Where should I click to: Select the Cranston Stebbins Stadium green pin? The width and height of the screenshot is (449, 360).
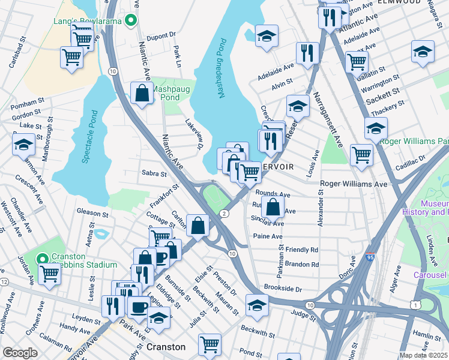pos(41,259)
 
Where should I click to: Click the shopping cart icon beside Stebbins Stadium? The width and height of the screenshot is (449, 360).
pos(49,273)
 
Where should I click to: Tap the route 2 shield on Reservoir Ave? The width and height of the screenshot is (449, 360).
pos(223,214)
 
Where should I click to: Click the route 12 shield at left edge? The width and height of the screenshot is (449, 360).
pos(4,281)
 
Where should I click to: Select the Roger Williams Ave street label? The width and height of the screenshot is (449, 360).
pos(354,184)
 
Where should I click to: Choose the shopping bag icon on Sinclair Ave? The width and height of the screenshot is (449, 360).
pos(273,206)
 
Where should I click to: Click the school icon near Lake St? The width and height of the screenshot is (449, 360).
pos(23,144)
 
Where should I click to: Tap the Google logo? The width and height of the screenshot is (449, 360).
pos(20,352)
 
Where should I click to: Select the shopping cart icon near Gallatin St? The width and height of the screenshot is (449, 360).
pos(357,60)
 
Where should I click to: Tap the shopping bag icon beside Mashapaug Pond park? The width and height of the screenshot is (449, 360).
pos(142,93)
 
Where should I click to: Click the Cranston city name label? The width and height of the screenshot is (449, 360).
pos(166,347)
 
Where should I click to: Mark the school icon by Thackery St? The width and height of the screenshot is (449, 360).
pos(376,127)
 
